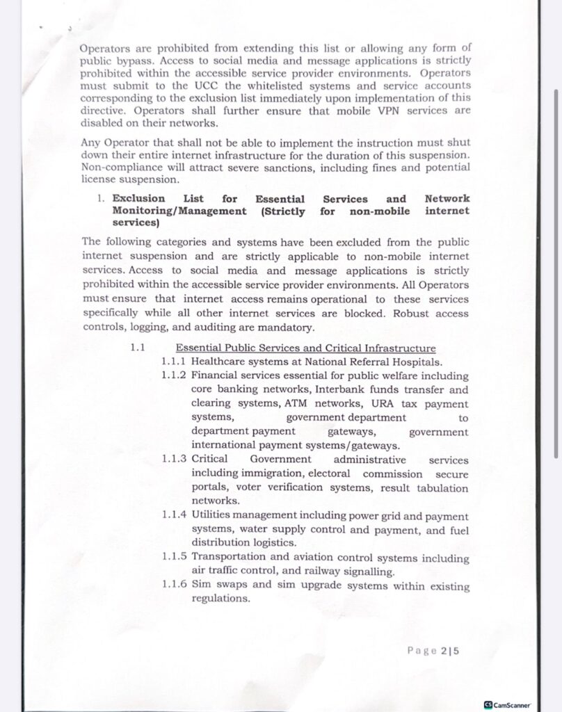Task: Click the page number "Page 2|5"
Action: (x=437, y=651)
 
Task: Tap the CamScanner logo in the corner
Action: (x=512, y=703)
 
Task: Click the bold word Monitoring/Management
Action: (x=179, y=211)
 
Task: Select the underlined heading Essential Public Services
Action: (x=305, y=348)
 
